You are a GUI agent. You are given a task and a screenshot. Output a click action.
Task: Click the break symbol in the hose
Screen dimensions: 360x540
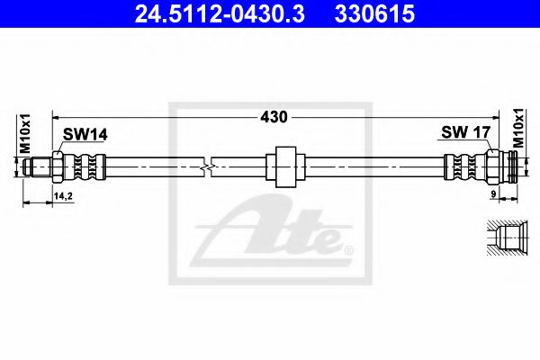tap(210, 166)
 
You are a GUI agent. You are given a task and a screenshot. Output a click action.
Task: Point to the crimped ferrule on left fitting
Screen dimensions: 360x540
tap(87, 166)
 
